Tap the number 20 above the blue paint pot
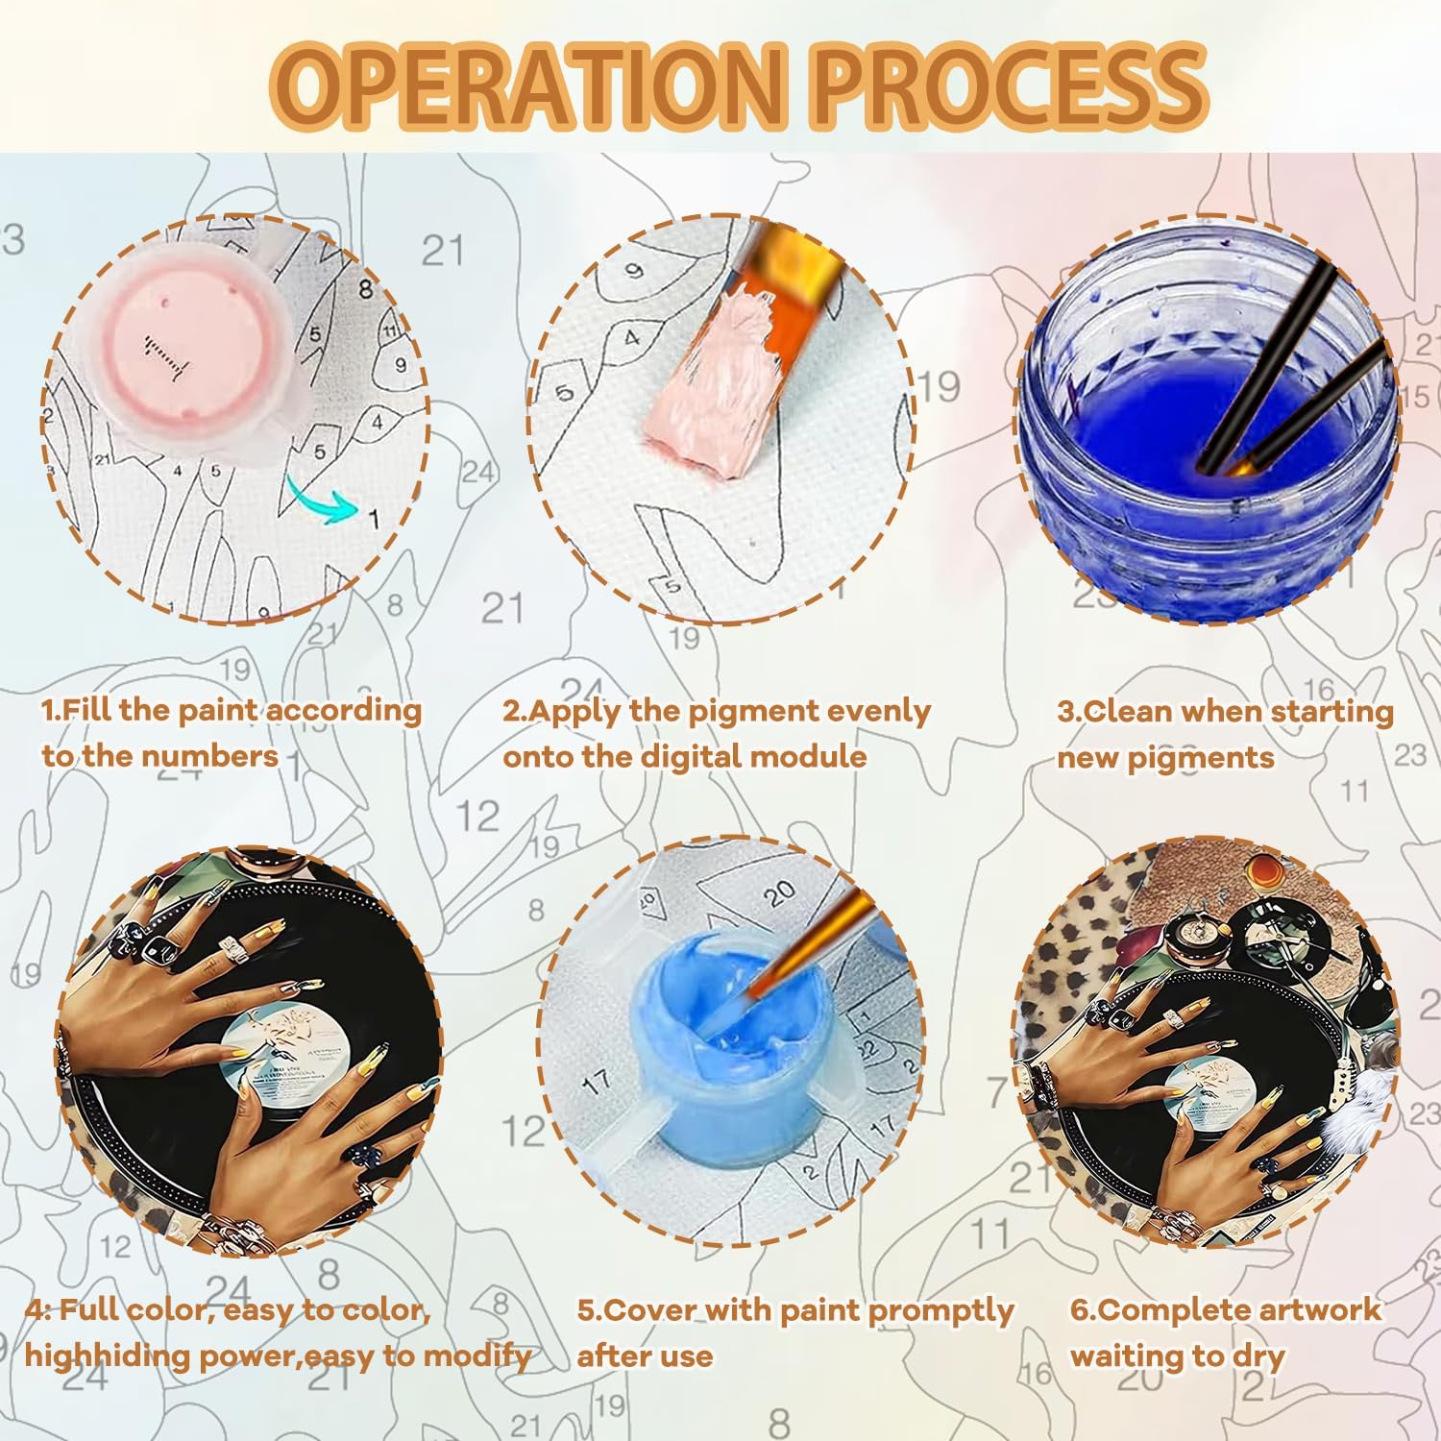(781, 894)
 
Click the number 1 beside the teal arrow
(375, 520)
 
